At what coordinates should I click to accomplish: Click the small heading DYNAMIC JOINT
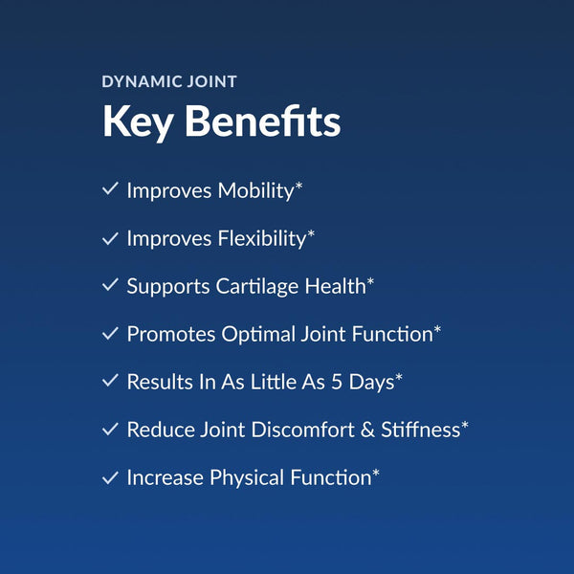169,82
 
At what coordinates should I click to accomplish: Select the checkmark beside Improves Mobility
109,189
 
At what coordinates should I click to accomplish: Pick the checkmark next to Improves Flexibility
109,237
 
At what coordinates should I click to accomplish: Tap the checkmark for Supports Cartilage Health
109,285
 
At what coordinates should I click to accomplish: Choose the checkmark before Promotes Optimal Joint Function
109,333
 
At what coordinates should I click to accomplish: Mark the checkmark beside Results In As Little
109,381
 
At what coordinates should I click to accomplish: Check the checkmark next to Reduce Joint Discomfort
109,429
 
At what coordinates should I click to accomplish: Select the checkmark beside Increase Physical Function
109,476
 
